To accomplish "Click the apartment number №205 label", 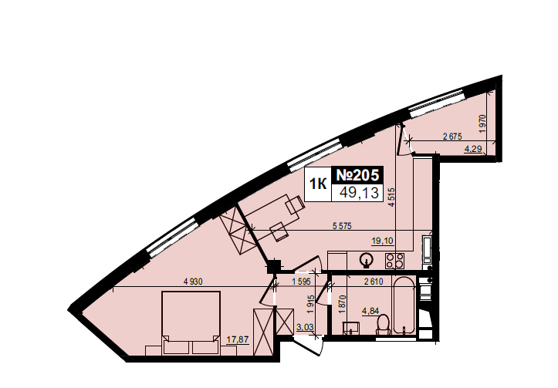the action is tap(357, 175).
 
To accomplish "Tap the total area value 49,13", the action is tap(359, 193).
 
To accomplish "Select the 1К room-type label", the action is tap(318, 184).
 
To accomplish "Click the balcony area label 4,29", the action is tap(473, 149).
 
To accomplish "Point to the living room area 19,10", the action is tap(382, 241).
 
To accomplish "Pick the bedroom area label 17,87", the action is tap(238, 339).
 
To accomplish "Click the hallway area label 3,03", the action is tap(304, 327).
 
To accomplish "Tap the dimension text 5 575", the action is tap(342, 226).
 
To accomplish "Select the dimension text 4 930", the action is tap(193, 282).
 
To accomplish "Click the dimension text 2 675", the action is tap(452, 137).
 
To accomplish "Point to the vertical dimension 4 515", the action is tap(392, 197).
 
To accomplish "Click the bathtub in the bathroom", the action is tap(404, 306).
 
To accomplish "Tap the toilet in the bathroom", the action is tap(384, 324).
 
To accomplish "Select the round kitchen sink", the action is tap(366, 260).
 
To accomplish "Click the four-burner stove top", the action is tap(394, 260).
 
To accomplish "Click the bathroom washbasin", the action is tap(351, 328).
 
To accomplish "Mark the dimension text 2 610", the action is tap(374, 282).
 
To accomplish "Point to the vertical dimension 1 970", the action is tap(482, 123).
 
